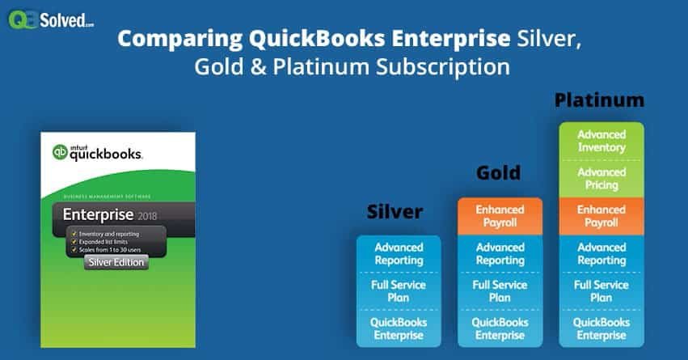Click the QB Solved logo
[51, 19]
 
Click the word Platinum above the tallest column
[599, 100]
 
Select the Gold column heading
[498, 172]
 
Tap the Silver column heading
[396, 212]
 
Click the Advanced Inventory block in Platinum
[601, 141]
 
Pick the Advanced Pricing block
[601, 179]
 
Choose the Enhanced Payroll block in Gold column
[500, 216]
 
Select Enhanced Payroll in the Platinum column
[601, 216]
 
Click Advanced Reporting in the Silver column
[399, 254]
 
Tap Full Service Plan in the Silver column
[399, 292]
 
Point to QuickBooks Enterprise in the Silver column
[399, 329]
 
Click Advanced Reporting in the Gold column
[500, 254]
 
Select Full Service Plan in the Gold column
[500, 292]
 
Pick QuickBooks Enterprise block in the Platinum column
[601, 329]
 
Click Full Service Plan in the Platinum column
[601, 292]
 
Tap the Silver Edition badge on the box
[116, 262]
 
